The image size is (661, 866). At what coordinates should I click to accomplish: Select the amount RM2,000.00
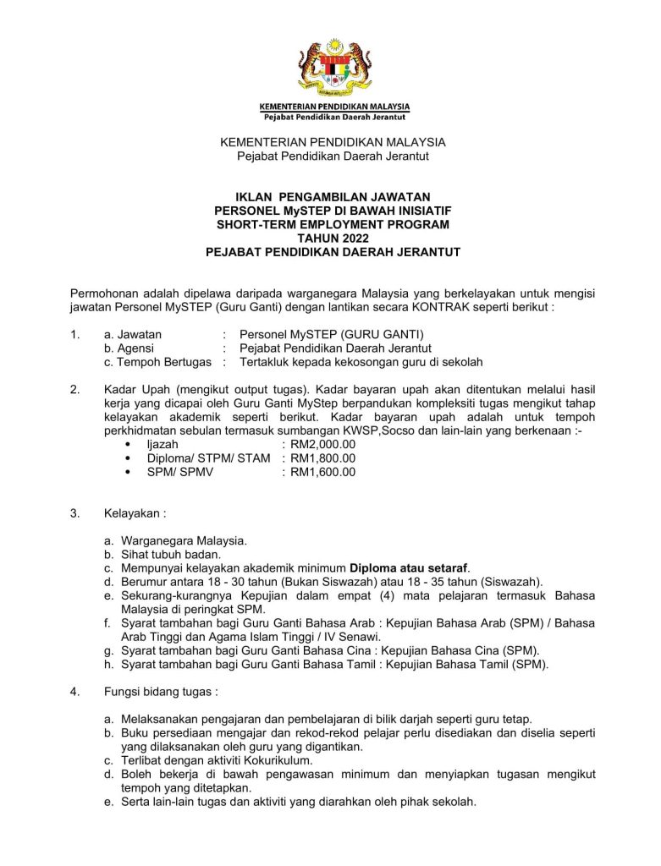point(322,443)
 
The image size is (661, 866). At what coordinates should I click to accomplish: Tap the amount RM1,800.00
point(322,458)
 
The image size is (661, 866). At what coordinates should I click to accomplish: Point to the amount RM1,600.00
point(322,472)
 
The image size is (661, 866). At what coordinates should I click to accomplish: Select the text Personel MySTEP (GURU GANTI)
point(332,334)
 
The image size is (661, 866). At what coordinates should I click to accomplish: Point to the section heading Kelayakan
point(134,512)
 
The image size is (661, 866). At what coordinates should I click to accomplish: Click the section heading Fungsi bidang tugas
point(160,692)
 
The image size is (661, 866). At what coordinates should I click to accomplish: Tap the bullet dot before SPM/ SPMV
point(128,472)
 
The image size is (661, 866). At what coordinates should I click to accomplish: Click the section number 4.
point(75,692)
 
